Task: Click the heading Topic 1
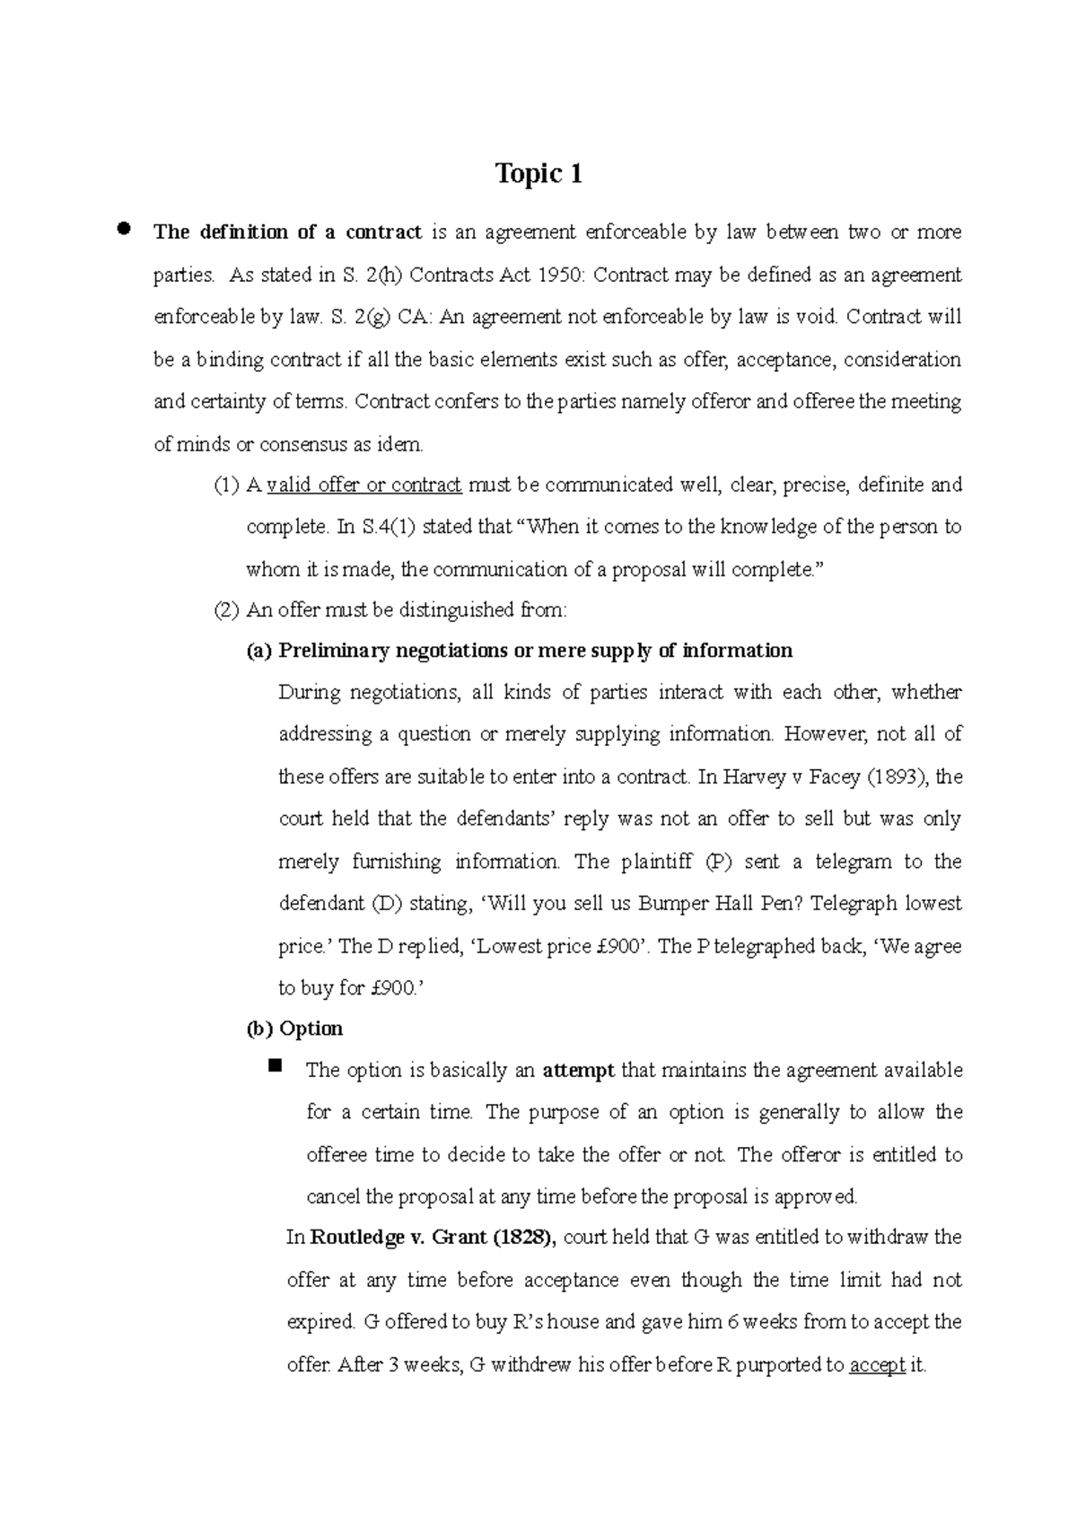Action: coord(538,174)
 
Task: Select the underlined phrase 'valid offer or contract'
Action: coord(364,486)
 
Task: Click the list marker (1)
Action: coord(226,486)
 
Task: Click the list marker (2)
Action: coord(226,610)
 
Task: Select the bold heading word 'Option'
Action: coord(311,1029)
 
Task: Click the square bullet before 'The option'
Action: coord(275,1066)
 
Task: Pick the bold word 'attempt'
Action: coord(579,1070)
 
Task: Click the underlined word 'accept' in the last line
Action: coord(877,1366)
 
